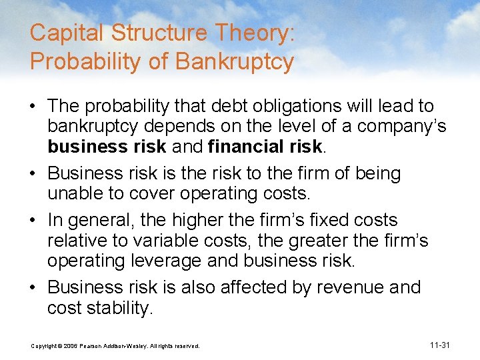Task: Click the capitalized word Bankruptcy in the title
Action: [x=235, y=61]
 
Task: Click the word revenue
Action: [x=349, y=287]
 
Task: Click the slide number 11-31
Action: [x=441, y=345]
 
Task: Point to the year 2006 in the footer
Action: [x=69, y=346]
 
